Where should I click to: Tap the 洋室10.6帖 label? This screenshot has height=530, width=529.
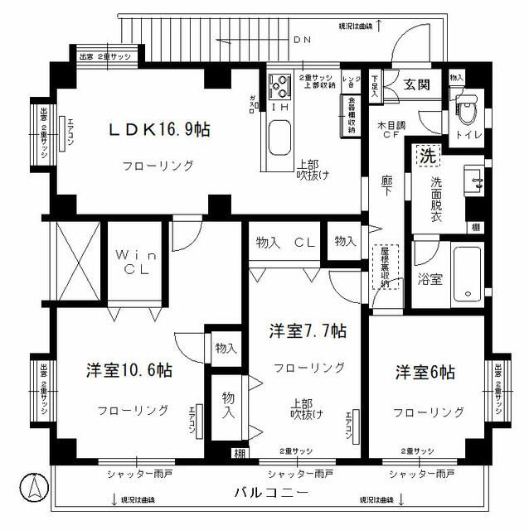tap(130, 370)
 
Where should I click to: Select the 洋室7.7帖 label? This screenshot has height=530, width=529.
tap(307, 331)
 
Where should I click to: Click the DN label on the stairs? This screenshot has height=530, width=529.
tap(302, 39)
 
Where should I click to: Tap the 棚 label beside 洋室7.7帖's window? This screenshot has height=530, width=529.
tap(239, 452)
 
